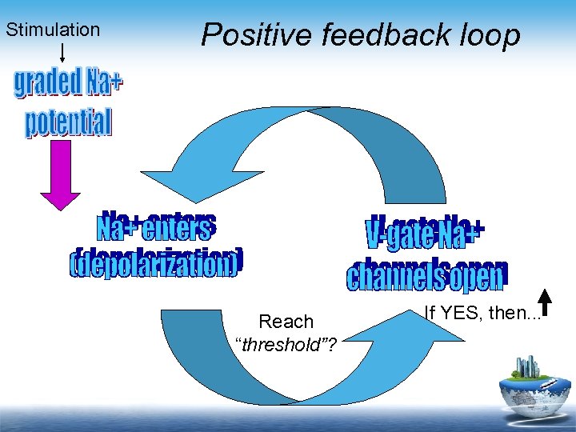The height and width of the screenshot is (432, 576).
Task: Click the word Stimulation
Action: click(x=53, y=30)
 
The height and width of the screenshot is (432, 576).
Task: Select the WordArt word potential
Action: click(x=68, y=122)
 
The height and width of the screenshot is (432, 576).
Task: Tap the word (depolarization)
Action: click(x=155, y=265)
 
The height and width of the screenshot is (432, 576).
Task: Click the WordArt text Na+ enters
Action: click(x=155, y=229)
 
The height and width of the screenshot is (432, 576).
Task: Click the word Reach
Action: click(x=286, y=322)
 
